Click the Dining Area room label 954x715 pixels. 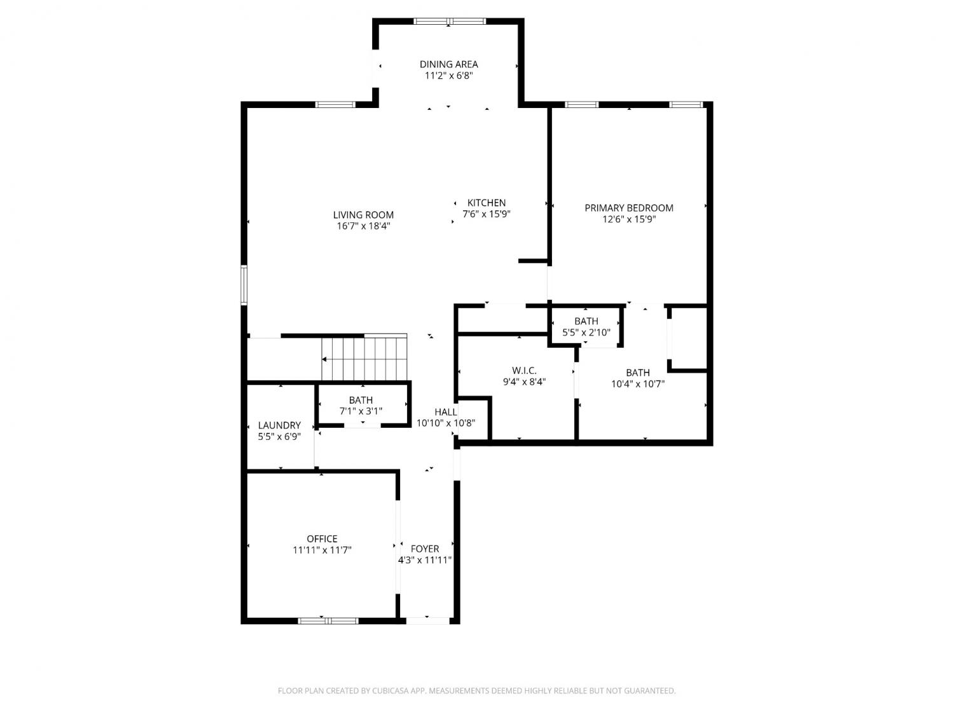[x=448, y=64]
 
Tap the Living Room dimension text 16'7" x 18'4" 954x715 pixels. [x=363, y=226]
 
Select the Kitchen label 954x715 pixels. [x=487, y=203]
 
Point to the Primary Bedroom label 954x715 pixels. [x=629, y=208]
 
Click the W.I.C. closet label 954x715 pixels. [x=524, y=371]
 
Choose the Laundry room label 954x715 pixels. [x=279, y=425]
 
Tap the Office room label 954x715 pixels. [x=322, y=539]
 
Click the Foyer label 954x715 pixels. [x=425, y=548]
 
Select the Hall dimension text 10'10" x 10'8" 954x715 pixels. [x=446, y=423]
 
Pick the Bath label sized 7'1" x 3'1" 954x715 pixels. [x=361, y=400]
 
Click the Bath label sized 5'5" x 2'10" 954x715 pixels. [x=586, y=321]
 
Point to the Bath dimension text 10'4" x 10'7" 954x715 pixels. [x=638, y=384]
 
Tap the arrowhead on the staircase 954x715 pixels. [x=324, y=359]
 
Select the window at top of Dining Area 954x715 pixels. [x=450, y=21]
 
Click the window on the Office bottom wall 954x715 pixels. [x=328, y=621]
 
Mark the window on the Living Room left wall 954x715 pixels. [x=244, y=285]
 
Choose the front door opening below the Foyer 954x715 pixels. [x=427, y=621]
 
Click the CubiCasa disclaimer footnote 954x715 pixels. [x=477, y=691]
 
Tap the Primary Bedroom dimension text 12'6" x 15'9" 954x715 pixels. [x=629, y=219]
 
